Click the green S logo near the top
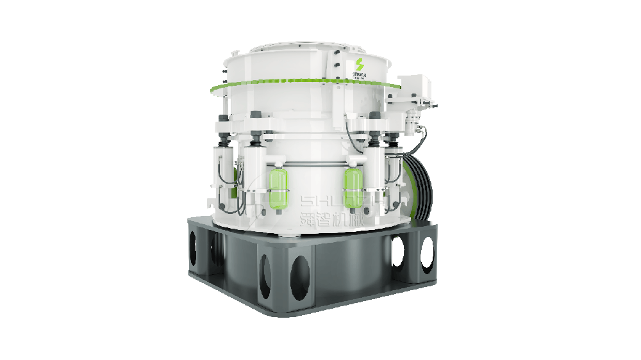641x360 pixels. point(358,65)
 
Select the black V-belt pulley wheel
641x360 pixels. point(420,189)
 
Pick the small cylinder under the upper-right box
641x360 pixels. point(410,119)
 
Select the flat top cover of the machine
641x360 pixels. point(301,49)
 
